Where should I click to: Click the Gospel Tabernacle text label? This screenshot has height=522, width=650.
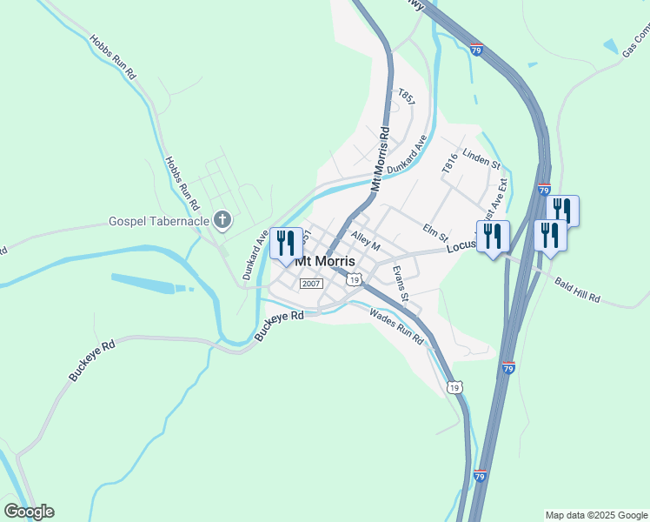[x=159, y=220]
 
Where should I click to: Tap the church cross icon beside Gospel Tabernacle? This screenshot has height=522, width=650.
[x=222, y=219]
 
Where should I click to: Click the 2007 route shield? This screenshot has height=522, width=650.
[x=311, y=284]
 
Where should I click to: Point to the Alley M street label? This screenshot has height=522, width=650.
[x=366, y=239]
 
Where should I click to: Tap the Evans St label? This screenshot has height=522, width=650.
[x=400, y=284]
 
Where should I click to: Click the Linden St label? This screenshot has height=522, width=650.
[x=482, y=158]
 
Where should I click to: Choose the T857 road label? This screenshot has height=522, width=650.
[x=406, y=97]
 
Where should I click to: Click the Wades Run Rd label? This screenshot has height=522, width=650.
[x=395, y=326]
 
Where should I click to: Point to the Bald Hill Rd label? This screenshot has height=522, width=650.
[x=577, y=290]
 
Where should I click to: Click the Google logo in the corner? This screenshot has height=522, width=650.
[x=29, y=512]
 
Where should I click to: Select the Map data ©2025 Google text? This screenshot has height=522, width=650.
[x=596, y=515]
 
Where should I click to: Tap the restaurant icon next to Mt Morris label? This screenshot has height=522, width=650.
[x=286, y=243]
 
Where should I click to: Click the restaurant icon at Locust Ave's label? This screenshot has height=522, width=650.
[x=493, y=236]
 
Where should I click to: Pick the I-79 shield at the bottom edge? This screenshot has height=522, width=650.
[x=481, y=476]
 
